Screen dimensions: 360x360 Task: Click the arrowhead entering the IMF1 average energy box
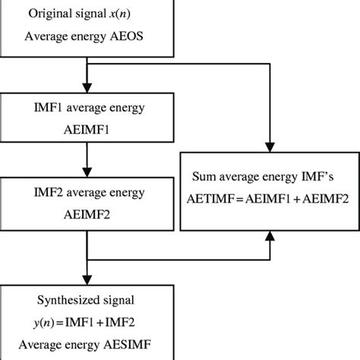pyautogui.click(x=89, y=87)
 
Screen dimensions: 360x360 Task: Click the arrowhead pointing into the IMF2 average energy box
pyautogui.click(x=89, y=172)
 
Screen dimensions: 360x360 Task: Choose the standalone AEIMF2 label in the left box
pyautogui.click(x=89, y=215)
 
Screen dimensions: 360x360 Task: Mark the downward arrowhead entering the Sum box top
pyautogui.click(x=270, y=146)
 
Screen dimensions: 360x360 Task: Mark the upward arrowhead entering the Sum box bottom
pyautogui.click(x=270, y=236)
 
